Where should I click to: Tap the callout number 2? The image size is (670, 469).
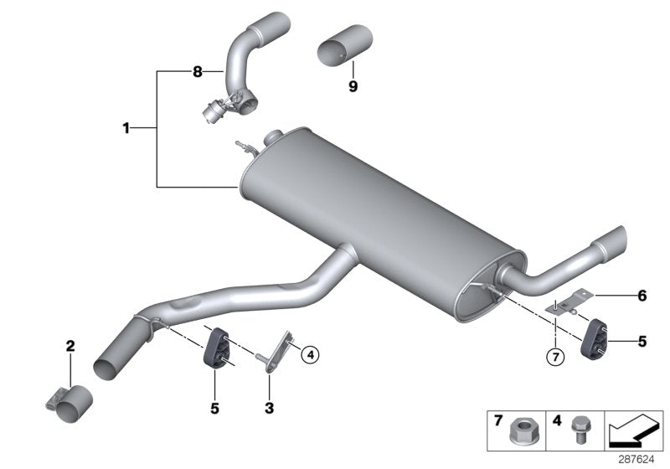pos(70,345)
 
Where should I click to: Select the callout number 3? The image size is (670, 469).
pos(268,408)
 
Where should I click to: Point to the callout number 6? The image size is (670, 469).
pos(642,295)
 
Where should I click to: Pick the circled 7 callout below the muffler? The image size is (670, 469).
pos(553,357)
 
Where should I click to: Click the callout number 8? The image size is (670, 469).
pos(198,73)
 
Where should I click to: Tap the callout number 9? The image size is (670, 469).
pos(353,85)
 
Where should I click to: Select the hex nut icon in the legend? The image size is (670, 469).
pos(519,434)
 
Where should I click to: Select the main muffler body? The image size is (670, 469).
pos(377,218)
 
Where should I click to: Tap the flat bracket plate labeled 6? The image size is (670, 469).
pos(572,301)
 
